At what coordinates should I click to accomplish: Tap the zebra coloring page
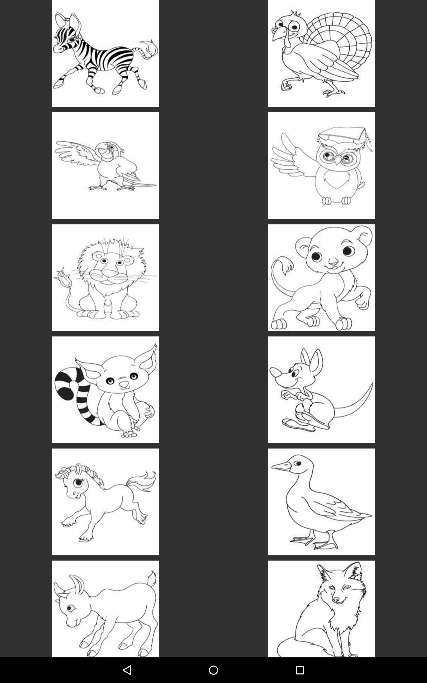coord(105,54)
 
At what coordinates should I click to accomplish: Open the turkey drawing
coord(321,54)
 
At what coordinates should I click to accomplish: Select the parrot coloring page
coord(105,166)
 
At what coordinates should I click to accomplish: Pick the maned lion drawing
coord(105,278)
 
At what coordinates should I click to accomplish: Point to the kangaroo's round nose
coord(275,372)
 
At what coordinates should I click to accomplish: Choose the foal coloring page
coord(105,502)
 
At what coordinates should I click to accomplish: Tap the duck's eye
coord(297,463)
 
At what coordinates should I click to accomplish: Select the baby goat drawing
coord(105,610)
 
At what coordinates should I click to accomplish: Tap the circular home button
coord(213,670)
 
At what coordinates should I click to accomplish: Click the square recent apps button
coord(300,670)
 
